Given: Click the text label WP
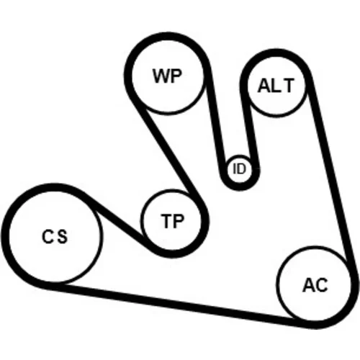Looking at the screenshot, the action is [x=167, y=76].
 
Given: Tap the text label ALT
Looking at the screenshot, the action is [x=276, y=86].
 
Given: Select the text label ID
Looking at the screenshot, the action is [x=239, y=168].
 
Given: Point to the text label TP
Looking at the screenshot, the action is [x=173, y=221].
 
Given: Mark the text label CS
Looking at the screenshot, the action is [x=55, y=237].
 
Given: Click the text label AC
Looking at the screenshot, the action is [x=315, y=285].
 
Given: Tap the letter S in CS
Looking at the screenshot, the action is [x=63, y=237].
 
